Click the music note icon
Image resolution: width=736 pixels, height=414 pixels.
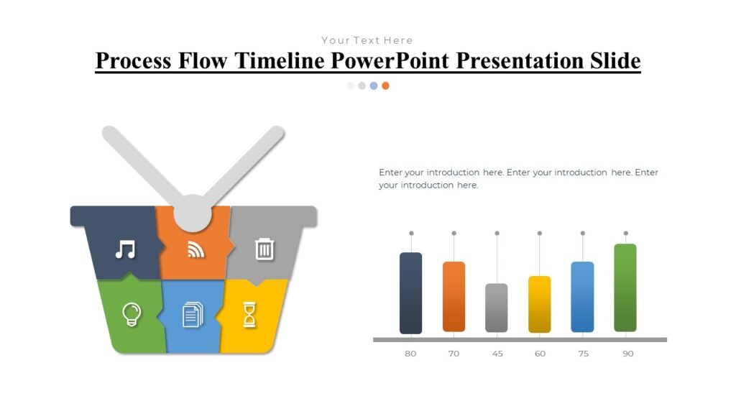(126, 249)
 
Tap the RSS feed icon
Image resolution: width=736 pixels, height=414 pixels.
(195, 249)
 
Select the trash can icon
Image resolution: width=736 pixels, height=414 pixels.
(264, 249)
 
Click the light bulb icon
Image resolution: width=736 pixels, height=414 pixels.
(131, 314)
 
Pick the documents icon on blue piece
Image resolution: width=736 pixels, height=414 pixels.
(193, 314)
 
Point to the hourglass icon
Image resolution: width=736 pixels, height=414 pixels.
(249, 314)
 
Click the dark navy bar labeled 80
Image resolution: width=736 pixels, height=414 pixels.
(410, 293)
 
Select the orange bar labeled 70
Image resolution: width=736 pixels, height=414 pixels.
(454, 297)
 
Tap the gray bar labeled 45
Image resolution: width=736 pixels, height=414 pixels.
(497, 308)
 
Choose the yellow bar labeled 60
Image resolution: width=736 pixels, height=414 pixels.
(539, 304)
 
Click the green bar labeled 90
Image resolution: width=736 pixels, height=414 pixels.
(625, 287)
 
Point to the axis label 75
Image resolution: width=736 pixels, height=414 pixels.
(582, 354)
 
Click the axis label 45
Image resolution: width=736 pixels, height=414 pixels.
(497, 354)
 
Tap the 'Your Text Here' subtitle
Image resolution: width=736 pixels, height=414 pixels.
(367, 40)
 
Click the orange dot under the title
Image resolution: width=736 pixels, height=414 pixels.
(386, 86)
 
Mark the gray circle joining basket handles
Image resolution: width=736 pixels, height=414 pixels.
(193, 212)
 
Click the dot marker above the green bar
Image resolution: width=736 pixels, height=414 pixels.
(625, 233)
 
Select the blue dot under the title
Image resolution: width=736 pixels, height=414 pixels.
(374, 86)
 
